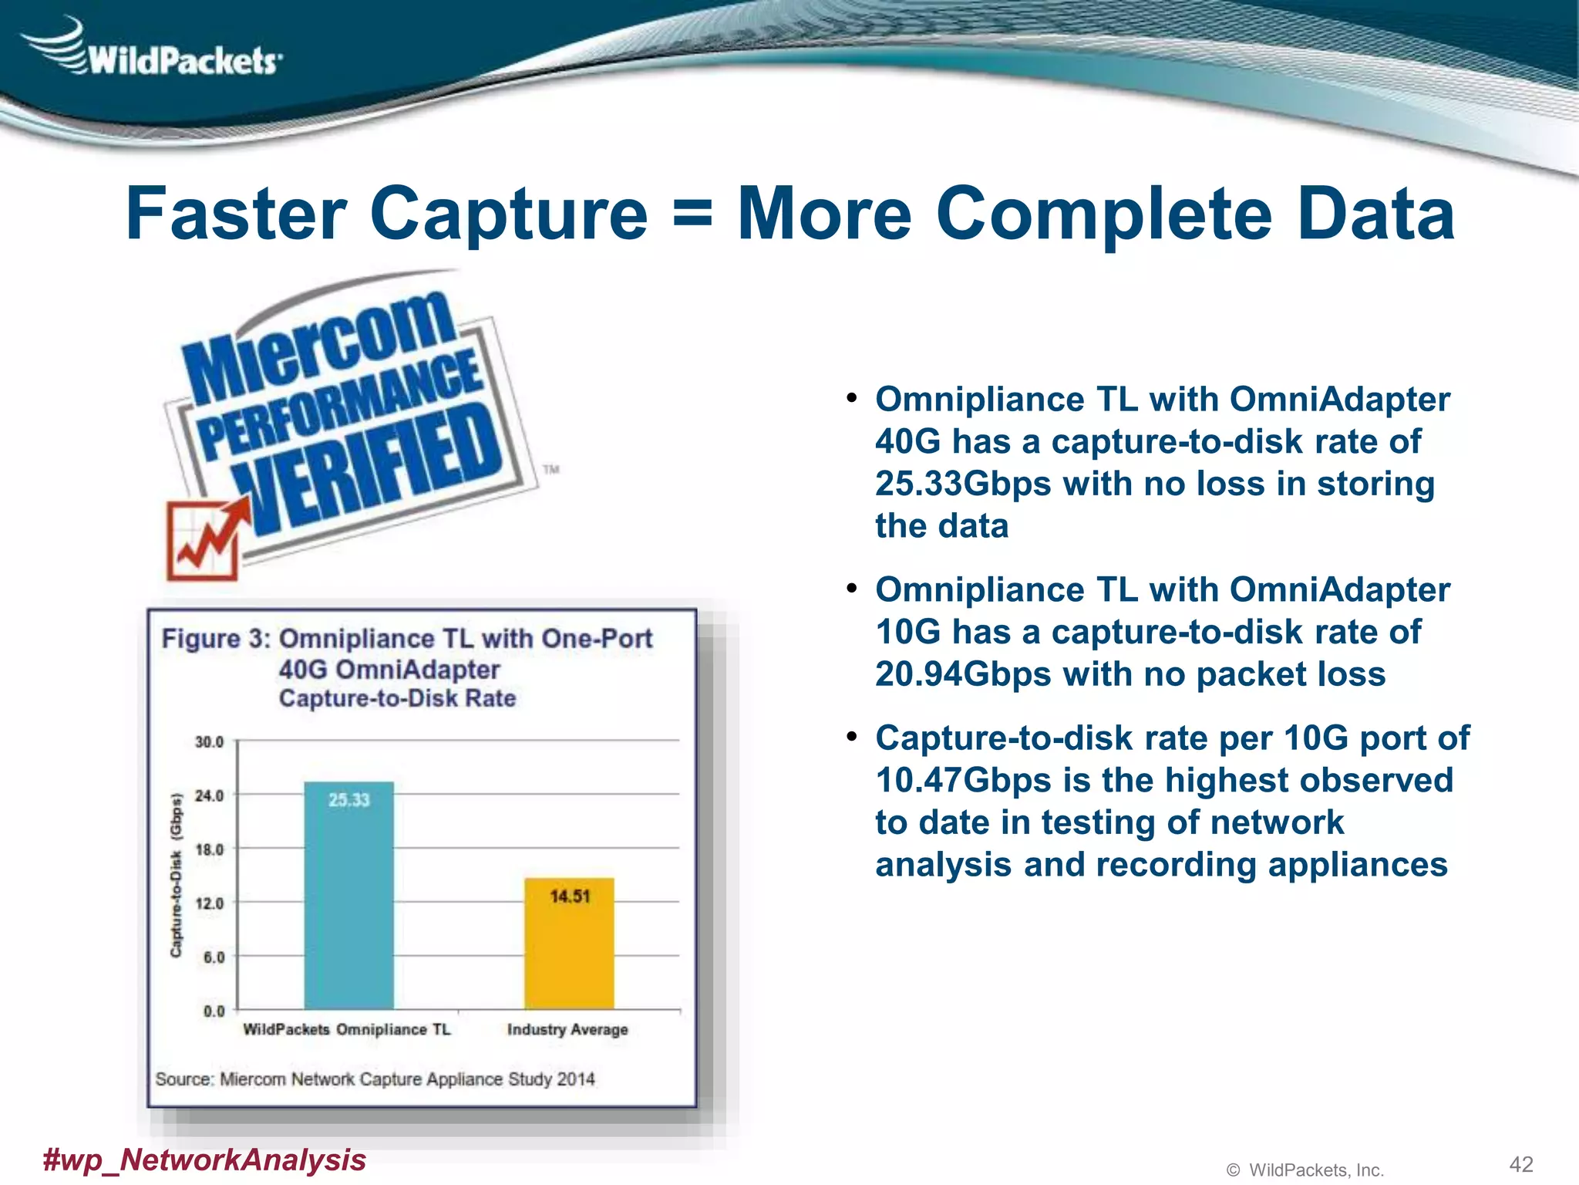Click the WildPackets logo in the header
[x=154, y=52]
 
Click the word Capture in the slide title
[x=509, y=214]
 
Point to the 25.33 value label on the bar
[x=348, y=800]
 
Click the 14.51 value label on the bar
[x=569, y=896]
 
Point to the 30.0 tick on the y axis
[x=209, y=742]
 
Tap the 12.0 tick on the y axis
[x=209, y=903]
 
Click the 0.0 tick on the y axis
[x=214, y=1011]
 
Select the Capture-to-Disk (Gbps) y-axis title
[x=177, y=876]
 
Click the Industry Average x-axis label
[x=567, y=1030]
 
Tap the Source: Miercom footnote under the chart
[x=375, y=1079]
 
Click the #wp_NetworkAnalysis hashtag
[x=204, y=1160]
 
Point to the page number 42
[x=1520, y=1164]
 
